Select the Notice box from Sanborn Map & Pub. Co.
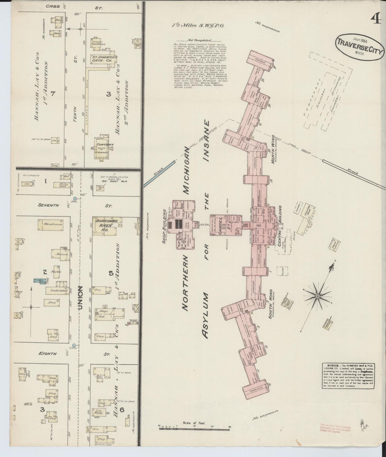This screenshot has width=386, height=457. pos(348,376)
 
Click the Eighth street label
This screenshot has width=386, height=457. pos(48,354)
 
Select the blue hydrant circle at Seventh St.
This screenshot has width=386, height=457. pos(75,198)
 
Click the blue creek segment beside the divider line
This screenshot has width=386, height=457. pos(159,174)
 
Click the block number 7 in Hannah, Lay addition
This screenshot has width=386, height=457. pos(53,93)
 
